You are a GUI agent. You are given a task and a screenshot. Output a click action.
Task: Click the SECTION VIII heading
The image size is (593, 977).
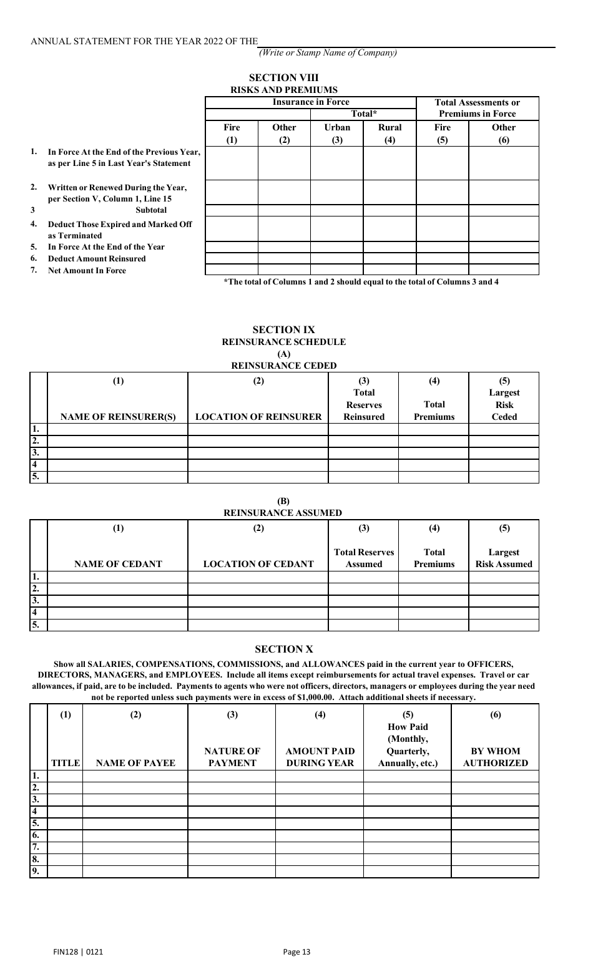pos(283,77)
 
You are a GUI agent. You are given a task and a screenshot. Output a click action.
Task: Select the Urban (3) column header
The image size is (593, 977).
pos(337,133)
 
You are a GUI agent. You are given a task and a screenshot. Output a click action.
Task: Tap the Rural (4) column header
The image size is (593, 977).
pos(390,133)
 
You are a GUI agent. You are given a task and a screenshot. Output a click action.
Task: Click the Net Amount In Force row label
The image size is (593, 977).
pos(87,271)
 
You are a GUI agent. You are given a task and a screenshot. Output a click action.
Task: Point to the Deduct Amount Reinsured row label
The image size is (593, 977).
pos(97,258)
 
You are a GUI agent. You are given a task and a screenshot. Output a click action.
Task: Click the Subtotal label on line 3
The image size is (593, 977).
pos(151,210)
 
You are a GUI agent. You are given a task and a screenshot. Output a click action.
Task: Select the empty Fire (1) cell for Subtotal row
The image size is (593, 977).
pos(232,210)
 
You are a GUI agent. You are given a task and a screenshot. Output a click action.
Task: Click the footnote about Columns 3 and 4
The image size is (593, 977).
pos(361,281)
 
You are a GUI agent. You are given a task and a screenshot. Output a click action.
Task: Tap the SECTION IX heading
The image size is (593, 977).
pos(283,329)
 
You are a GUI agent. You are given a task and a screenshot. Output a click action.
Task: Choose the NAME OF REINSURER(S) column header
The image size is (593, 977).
pos(118,417)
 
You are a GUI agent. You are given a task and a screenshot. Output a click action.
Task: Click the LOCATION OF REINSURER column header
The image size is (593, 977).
pos(258,417)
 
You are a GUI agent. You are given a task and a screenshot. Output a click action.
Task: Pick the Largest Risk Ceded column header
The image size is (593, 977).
pos(504,405)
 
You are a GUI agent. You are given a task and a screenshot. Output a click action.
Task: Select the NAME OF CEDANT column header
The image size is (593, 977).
pos(118,564)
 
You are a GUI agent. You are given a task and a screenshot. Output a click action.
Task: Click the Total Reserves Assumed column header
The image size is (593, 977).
pos(364,558)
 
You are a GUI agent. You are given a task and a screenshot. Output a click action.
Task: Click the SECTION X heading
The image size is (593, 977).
pos(283,649)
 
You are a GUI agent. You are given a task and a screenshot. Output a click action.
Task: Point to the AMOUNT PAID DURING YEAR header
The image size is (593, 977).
pos(320,757)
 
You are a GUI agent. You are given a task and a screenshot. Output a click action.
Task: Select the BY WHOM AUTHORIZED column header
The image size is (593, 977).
pos(495,757)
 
